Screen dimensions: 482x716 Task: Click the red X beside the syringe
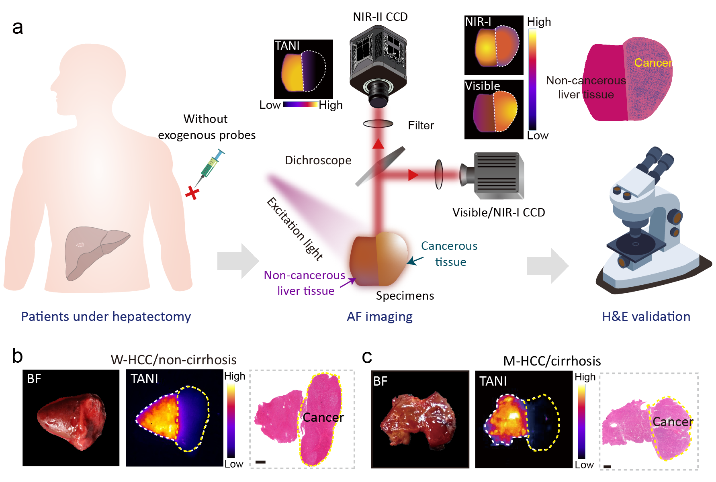[192, 193]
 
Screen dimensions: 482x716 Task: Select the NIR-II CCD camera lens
[378, 94]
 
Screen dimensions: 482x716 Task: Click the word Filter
[421, 125]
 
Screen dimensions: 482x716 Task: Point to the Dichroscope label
[318, 160]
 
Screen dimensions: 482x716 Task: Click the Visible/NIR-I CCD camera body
[498, 175]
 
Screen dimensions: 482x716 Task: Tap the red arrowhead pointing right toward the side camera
[413, 175]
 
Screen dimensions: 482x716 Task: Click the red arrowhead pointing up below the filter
[378, 144]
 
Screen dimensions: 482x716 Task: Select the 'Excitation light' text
[295, 229]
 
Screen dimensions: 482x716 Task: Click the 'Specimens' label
[405, 296]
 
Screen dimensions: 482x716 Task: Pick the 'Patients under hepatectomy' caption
[106, 317]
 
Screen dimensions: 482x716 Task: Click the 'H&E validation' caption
[646, 317]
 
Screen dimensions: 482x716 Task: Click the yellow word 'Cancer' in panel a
[653, 63]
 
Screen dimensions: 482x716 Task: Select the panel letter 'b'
[17, 356]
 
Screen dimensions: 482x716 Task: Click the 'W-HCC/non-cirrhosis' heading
[174, 359]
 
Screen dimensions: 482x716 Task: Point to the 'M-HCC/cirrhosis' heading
[552, 361]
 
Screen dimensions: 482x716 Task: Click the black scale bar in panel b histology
[260, 462]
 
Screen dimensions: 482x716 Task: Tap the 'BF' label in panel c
[380, 381]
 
